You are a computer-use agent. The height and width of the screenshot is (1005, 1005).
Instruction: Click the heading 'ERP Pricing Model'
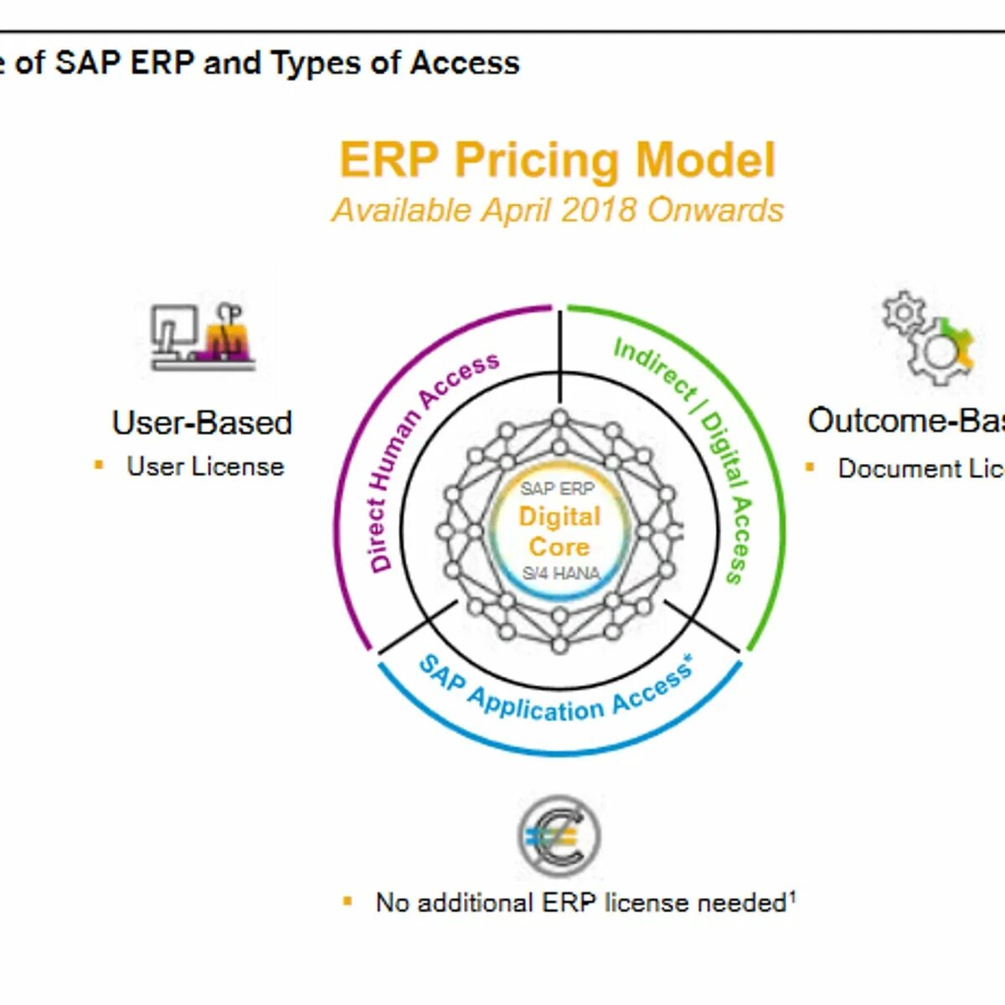click(557, 160)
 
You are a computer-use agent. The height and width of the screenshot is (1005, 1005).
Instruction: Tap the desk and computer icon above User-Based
click(203, 336)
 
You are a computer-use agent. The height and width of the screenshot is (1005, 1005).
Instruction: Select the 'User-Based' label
click(202, 422)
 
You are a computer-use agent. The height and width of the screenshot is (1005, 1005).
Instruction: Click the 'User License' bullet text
click(205, 466)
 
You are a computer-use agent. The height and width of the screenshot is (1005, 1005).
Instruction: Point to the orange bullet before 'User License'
click(99, 465)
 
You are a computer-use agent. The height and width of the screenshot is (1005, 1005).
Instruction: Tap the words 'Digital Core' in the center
click(559, 531)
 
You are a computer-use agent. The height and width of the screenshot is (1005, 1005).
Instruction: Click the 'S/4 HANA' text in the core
click(560, 574)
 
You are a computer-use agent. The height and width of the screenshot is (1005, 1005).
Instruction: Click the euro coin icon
click(559, 836)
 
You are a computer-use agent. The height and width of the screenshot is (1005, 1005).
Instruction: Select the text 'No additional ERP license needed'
click(580, 903)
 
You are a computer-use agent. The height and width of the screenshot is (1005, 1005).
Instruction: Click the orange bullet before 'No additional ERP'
click(348, 901)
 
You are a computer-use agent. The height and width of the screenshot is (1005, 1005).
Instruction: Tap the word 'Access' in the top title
click(465, 63)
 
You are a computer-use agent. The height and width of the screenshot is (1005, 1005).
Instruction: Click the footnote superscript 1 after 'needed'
click(792, 895)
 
